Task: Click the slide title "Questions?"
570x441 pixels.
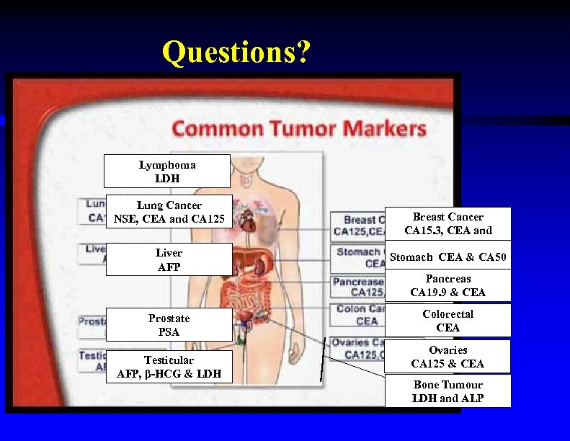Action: click(236, 52)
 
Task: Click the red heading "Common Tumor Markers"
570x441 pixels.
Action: click(299, 130)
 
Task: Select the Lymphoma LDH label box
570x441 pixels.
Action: click(167, 171)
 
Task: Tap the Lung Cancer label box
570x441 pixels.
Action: click(169, 212)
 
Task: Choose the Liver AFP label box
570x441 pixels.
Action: click(169, 259)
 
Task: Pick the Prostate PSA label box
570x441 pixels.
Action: click(169, 325)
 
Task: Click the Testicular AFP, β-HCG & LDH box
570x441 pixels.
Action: click(169, 367)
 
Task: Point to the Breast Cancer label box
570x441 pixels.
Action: click(447, 223)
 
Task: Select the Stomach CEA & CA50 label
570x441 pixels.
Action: click(447, 257)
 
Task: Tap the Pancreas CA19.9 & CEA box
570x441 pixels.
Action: click(447, 285)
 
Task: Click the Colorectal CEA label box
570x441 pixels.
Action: click(447, 321)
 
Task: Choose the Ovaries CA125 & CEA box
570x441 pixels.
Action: click(447, 357)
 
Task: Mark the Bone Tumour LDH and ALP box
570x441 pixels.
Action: click(447, 391)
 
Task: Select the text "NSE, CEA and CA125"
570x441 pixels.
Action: click(169, 219)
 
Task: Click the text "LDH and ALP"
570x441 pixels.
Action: click(447, 398)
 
